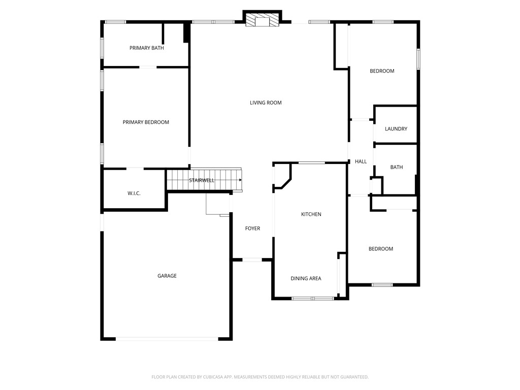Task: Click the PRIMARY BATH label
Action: tap(146, 48)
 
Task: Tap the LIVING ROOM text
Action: tap(266, 103)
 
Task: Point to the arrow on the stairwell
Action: tap(240, 180)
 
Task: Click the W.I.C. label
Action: tap(134, 193)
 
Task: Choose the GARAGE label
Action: tap(167, 276)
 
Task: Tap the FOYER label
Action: tap(252, 229)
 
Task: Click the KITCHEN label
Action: tap(311, 214)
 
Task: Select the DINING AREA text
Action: tap(306, 278)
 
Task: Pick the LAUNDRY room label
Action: tap(396, 129)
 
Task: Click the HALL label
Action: tap(361, 161)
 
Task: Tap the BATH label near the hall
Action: tap(397, 167)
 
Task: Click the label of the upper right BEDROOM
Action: tap(382, 71)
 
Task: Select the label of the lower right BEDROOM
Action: tap(381, 249)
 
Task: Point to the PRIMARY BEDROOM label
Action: tap(146, 122)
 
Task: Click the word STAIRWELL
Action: tap(202, 180)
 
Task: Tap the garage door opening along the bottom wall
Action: tap(167, 339)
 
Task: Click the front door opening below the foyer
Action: tap(252, 260)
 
